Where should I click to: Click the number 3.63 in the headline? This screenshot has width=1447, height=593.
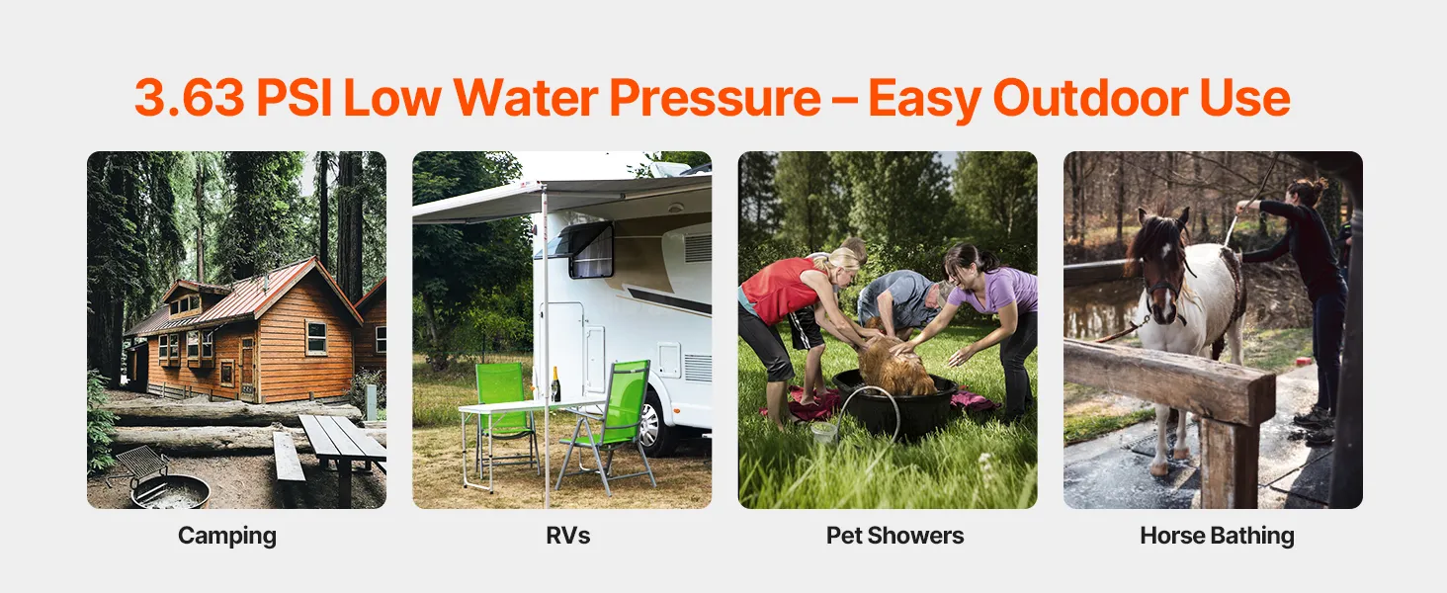coord(190,98)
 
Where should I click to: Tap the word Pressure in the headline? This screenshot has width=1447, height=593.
coord(716,98)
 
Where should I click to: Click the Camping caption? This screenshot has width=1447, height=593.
coord(227,536)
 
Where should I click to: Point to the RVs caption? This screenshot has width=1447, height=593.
coord(567,536)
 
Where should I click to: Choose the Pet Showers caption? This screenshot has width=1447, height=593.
coord(894,536)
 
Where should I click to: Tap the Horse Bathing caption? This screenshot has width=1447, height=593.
coord(1217,536)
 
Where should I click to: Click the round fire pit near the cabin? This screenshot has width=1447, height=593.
coord(171,493)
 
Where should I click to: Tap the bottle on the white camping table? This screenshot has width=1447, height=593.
coord(554,384)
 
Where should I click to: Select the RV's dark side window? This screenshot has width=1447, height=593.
coord(591,251)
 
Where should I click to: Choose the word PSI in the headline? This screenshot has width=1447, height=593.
coord(294,98)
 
